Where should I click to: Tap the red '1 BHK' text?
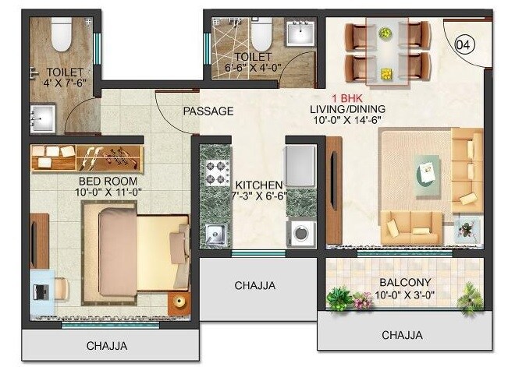345,98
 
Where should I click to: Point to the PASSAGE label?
208,111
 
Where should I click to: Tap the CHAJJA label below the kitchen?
255,286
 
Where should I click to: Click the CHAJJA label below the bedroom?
107,346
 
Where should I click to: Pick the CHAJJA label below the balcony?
403,335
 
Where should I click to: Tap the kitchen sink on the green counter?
215,232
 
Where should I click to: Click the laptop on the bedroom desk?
43,291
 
